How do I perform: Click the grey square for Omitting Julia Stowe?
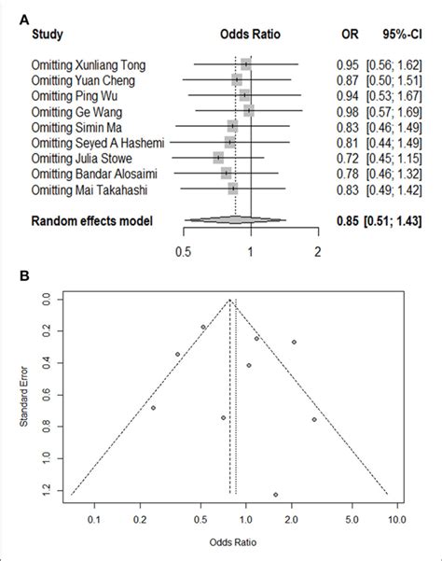pyautogui.click(x=218, y=159)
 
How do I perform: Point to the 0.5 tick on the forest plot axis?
pyautogui.click(x=182, y=250)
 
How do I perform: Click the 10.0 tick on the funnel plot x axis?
pyautogui.click(x=395, y=512)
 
